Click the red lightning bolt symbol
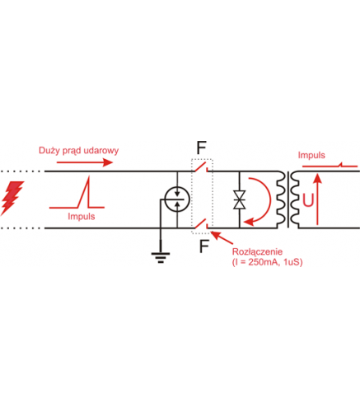(12, 197)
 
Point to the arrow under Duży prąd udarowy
(85, 162)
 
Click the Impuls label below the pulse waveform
(82, 217)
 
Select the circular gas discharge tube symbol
(177, 199)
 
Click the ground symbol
(161, 256)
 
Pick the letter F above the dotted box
(202, 148)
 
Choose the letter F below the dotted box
(204, 246)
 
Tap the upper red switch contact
(200, 166)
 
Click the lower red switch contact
(200, 223)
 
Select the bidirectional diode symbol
(239, 199)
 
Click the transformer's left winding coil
(281, 199)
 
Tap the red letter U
(308, 200)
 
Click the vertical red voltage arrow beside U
(317, 199)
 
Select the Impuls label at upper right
(311, 155)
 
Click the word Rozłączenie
(257, 251)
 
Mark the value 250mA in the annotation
(264, 262)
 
